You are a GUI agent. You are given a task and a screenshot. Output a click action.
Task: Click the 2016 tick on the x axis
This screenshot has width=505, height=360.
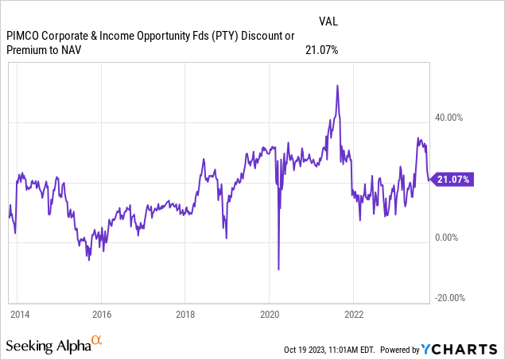pos(101,313)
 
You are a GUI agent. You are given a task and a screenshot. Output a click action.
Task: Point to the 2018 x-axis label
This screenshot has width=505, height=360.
pos(185,313)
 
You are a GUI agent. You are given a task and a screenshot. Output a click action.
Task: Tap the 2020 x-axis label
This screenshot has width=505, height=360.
pos(269,313)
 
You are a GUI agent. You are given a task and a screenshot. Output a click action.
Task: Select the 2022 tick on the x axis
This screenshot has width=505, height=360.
pos(353,313)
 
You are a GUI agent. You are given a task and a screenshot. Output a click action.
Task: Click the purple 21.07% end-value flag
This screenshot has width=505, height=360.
pos(453,180)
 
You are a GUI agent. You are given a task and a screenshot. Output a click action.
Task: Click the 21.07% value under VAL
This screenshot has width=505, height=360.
pos(321,50)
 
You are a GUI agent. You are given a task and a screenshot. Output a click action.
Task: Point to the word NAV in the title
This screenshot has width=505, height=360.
pos(74,51)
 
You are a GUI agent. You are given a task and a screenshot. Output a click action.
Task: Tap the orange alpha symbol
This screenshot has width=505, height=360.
pos(97,341)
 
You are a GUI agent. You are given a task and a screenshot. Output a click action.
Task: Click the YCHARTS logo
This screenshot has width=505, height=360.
pos(469,349)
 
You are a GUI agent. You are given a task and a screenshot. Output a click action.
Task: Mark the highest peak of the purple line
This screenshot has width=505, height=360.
pos(338,85)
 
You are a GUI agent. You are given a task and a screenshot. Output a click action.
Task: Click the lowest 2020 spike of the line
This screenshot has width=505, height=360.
pos(278,269)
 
